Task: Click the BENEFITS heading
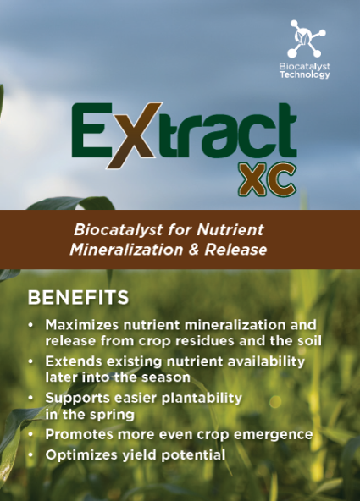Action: (x=78, y=298)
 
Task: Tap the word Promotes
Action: (x=80, y=434)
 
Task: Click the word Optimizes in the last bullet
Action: (x=81, y=455)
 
